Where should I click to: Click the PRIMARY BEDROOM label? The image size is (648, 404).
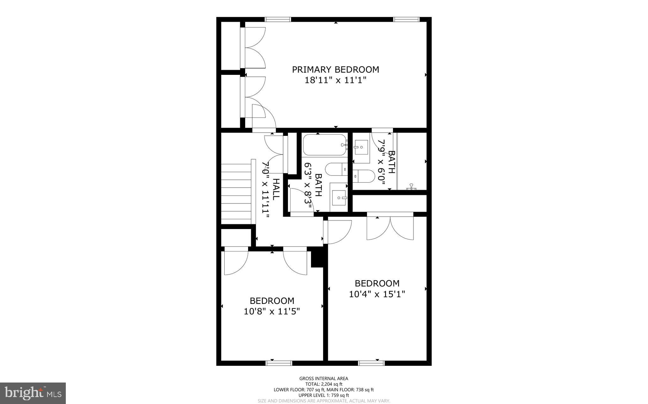tap(335, 69)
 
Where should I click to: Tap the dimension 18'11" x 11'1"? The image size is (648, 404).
tap(335, 80)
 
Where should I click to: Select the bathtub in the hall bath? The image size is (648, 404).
tap(324, 145)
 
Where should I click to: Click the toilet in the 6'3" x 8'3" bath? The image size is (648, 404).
tap(337, 170)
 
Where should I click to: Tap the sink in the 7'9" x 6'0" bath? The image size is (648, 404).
tap(361, 147)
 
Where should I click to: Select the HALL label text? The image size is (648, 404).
tap(276, 189)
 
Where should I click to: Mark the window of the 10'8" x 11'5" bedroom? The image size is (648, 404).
tap(278, 363)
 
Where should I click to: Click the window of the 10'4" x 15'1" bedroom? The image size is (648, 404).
tap(371, 363)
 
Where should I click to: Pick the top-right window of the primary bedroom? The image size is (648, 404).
tap(407, 20)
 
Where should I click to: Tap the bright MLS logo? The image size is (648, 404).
tap(33, 393)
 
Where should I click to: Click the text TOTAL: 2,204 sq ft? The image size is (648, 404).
tap(324, 384)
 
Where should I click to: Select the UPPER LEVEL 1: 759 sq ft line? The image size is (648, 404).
tap(324, 395)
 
